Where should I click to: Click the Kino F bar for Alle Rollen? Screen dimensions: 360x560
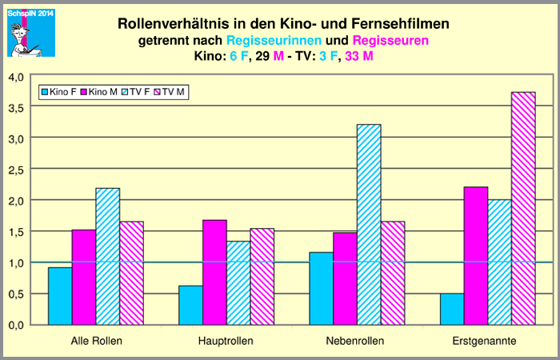60,295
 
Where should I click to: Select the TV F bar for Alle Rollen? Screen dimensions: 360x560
107,256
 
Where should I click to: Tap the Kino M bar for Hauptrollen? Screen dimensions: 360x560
214,272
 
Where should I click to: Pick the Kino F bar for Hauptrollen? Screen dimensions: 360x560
190,305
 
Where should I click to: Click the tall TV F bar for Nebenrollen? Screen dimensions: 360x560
369,224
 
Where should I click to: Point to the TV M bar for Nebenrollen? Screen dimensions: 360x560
393,272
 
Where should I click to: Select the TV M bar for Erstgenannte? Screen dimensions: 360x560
523,208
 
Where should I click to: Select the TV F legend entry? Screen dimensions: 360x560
136,93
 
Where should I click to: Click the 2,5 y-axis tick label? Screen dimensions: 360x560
17,169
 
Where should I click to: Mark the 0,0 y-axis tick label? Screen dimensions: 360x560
17,325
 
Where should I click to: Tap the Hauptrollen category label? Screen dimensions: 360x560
226,342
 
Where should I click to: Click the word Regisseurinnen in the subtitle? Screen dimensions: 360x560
275,40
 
